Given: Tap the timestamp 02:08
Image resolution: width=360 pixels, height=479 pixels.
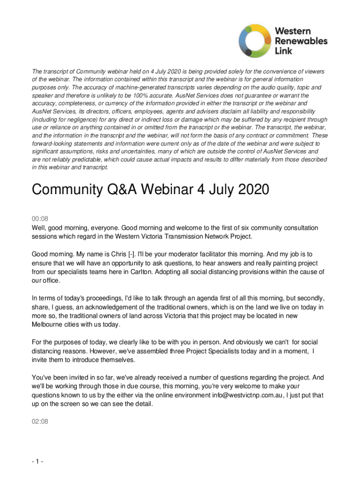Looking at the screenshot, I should pos(39,421).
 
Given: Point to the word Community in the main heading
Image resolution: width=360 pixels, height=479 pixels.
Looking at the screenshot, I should pos(62,191).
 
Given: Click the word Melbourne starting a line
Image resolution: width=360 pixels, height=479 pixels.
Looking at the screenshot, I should pos(47,325).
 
